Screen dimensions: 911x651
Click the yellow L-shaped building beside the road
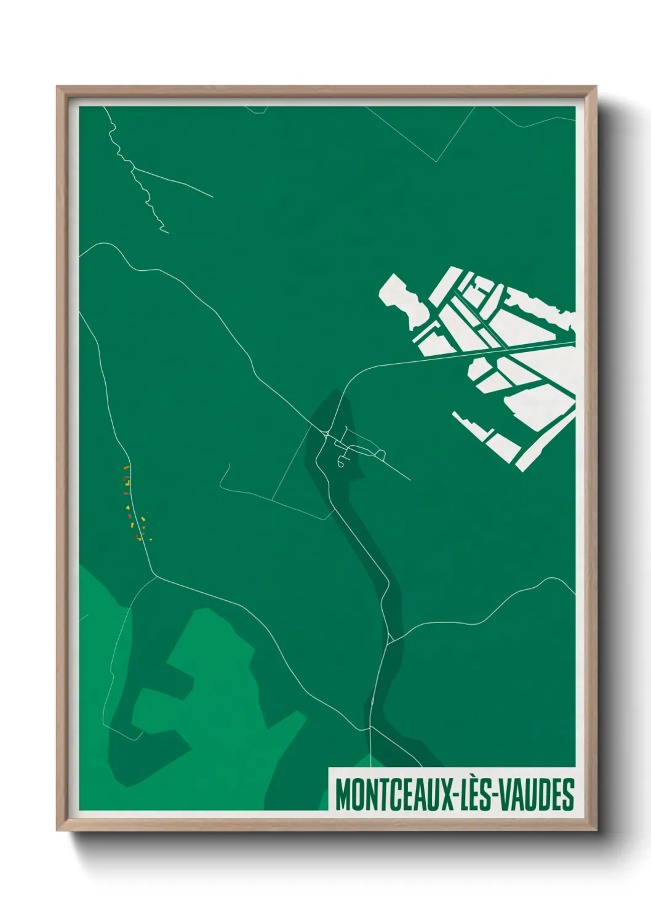[127, 480]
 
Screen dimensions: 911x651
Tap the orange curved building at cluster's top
[126, 468]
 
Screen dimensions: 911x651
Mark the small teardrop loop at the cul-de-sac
[340, 461]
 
